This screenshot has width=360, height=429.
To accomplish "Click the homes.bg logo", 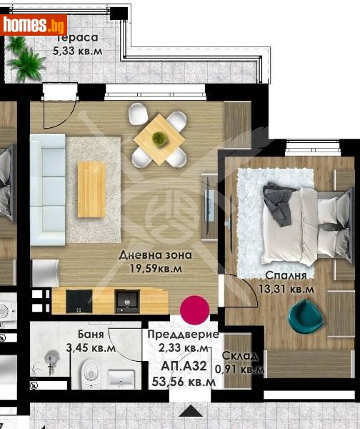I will click(x=34, y=25).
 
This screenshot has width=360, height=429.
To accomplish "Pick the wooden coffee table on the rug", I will click(x=91, y=189).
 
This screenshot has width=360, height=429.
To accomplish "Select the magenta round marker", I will click(x=194, y=310).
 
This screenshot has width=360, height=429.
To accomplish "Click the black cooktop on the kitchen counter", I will click(x=79, y=302).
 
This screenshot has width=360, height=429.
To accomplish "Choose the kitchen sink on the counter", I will click(x=128, y=302).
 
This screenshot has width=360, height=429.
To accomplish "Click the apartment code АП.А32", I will click(x=184, y=366).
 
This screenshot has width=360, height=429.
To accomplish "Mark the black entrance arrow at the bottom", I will click(x=191, y=410).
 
